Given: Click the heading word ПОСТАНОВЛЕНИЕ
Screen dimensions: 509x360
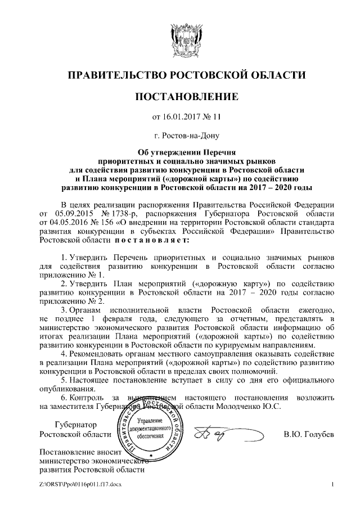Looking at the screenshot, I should pos(180,97).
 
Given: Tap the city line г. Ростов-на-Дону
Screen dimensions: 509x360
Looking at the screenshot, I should pos(180,136).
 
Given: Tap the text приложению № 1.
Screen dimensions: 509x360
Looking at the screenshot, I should pos(73,275).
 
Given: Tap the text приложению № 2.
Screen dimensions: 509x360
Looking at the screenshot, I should pos(73,301).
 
